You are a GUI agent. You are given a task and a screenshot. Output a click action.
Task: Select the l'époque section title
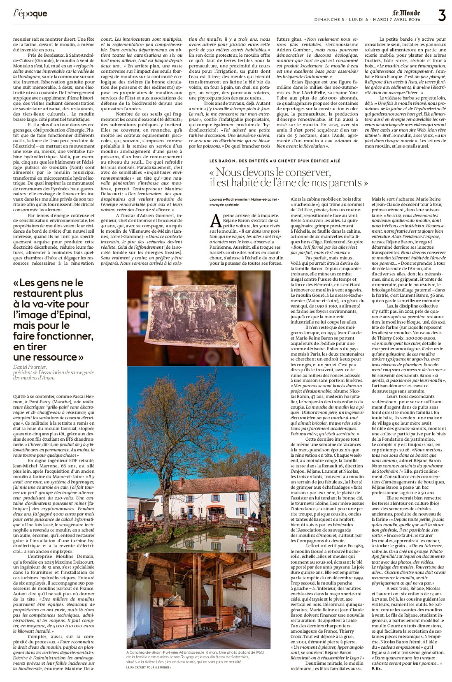[30, 14]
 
